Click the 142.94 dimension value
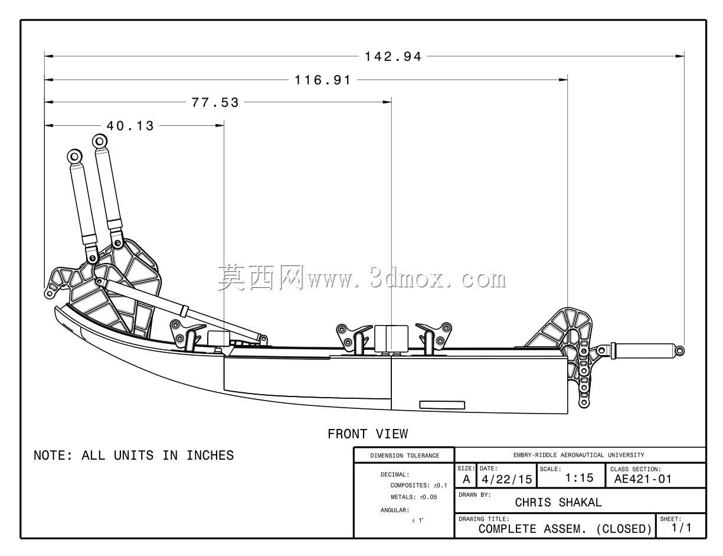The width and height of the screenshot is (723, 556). point(392,57)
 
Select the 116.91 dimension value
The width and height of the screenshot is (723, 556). point(323,80)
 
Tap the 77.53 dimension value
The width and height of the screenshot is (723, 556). point(215,103)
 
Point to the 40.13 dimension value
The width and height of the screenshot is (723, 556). point(130,126)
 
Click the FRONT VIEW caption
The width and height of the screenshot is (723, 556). point(368,434)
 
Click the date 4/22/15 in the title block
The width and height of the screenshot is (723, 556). point(507,479)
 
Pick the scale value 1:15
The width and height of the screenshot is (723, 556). point(579,478)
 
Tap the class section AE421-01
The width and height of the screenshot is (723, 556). point(643,479)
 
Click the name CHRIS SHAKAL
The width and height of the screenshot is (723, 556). point(558,502)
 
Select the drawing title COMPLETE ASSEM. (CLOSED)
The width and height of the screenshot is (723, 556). point(565,529)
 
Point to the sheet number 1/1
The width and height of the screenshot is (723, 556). point(682,528)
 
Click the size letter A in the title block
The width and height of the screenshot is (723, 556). point(466,479)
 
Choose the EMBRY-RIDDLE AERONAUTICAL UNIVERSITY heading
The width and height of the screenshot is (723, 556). point(579,455)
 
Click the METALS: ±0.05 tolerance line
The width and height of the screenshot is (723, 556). point(414,497)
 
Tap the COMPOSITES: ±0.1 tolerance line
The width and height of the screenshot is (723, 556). point(418,486)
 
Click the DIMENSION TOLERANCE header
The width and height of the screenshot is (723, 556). point(405,456)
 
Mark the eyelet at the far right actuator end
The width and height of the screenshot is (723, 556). point(680,351)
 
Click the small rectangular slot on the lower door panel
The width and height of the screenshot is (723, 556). point(442,405)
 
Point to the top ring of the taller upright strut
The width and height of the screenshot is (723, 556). point(100,141)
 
